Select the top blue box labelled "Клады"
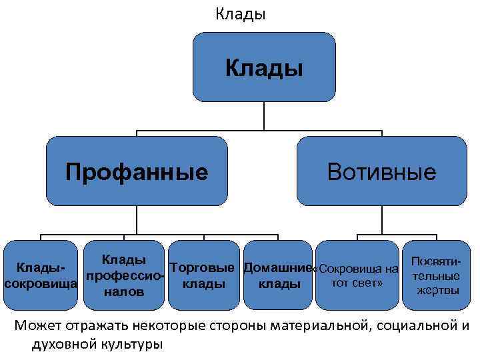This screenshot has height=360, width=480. (x=264, y=67)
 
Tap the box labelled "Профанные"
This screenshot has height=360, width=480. (x=137, y=171)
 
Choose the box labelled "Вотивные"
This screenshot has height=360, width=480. (x=381, y=171)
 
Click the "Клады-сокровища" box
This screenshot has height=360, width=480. (x=40, y=275)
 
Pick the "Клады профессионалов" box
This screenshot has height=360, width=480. (x=124, y=275)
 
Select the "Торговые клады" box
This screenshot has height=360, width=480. (x=203, y=275)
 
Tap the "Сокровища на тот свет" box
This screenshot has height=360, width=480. (x=356, y=275)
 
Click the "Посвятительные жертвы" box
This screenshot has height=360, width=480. (x=437, y=275)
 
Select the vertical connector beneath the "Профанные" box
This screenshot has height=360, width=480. (x=137, y=220)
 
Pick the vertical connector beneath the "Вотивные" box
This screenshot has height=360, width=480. (x=381, y=220)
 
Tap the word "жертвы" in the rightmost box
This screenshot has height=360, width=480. (x=437, y=290)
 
